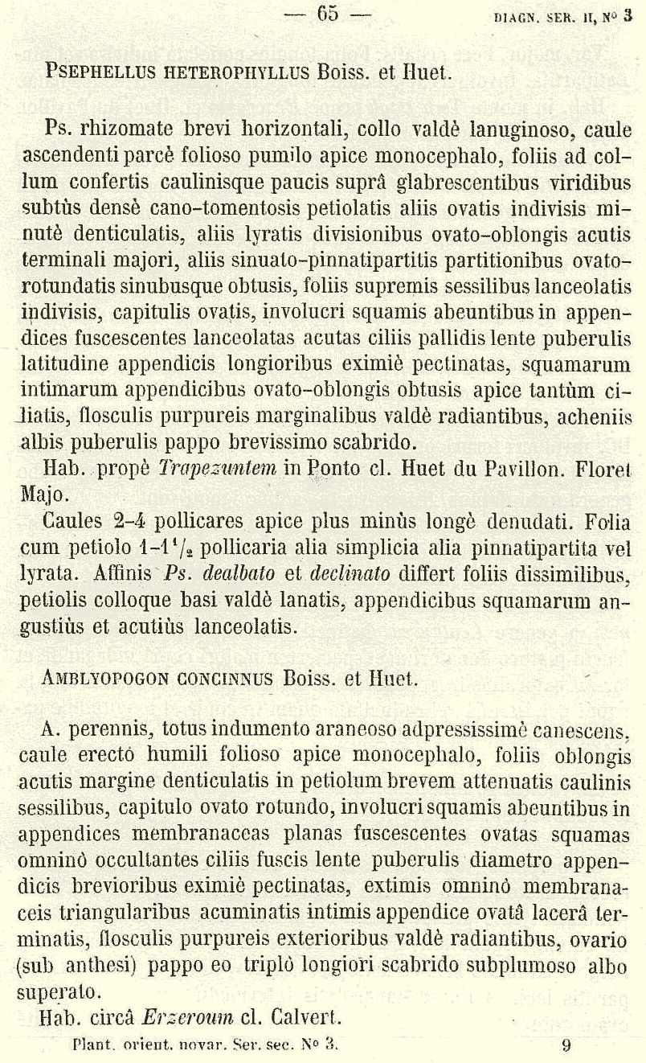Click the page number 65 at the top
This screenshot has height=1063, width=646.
[326, 14]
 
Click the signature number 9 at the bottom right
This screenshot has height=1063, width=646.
[566, 1046]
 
